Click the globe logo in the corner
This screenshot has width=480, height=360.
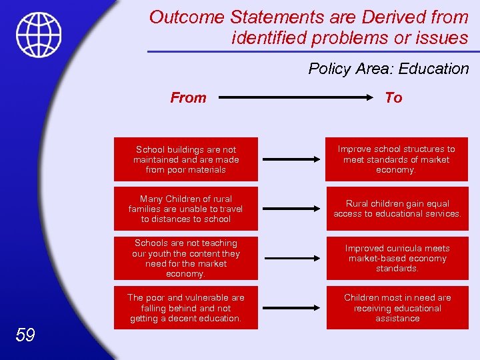pos(39,35)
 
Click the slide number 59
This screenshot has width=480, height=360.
pos(25,335)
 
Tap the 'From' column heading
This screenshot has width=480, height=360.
pos(188,98)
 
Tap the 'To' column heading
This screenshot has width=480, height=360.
pos(393,98)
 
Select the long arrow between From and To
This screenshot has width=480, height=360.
pos(294,98)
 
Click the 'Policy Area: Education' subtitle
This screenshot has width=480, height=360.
pos(389,69)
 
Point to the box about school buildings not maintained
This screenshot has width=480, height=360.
pos(185,159)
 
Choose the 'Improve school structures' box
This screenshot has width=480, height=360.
pos(396,159)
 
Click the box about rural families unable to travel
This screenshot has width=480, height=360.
pos(185,209)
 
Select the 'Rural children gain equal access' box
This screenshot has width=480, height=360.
pos(397,209)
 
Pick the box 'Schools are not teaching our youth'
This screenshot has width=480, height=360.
pos(185,259)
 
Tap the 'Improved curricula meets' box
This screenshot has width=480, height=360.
pos(397,259)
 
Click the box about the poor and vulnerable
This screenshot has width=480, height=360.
pos(185,308)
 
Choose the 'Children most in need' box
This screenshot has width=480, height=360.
pos(397,308)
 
